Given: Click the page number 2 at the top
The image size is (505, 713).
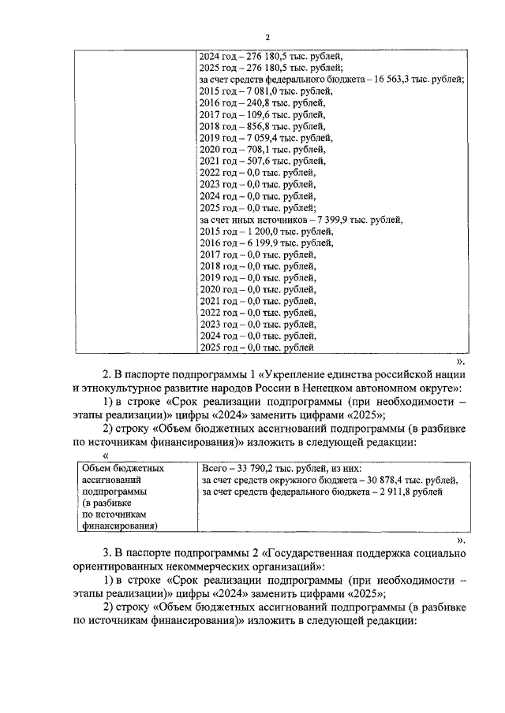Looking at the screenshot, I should (x=267, y=37).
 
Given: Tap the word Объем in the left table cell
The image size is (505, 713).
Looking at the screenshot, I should (x=95, y=468).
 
